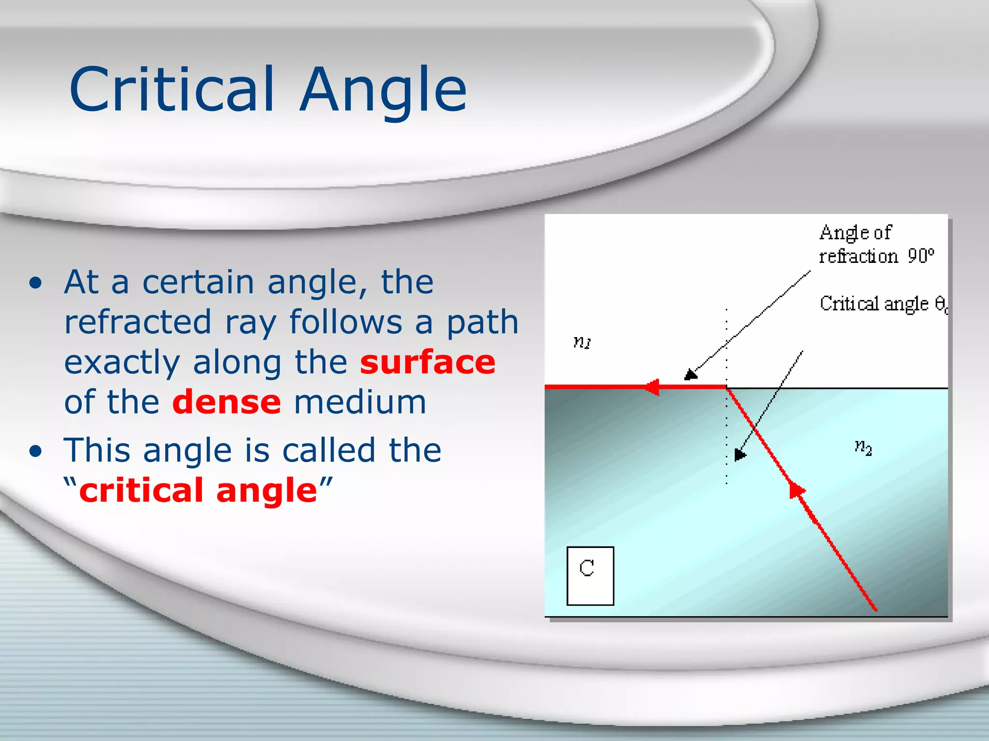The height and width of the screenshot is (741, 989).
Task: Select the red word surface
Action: (x=427, y=362)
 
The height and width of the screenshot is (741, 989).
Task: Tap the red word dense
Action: (x=226, y=402)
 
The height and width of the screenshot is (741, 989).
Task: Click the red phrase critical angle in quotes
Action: (x=198, y=490)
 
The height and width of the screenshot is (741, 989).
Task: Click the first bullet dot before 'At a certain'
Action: (x=35, y=284)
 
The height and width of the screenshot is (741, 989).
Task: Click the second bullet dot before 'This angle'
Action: (x=35, y=452)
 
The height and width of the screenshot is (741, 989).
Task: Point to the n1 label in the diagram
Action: (x=582, y=342)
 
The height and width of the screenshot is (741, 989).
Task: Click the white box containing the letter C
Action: (x=590, y=576)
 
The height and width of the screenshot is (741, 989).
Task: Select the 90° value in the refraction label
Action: (x=920, y=256)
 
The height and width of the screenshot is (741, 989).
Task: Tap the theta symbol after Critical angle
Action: (x=940, y=304)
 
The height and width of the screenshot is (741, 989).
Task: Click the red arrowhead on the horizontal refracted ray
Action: (x=652, y=387)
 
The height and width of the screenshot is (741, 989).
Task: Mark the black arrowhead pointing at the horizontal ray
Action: (x=691, y=374)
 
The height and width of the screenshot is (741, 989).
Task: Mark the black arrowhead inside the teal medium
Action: (x=739, y=455)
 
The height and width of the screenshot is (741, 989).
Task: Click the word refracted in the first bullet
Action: (x=138, y=322)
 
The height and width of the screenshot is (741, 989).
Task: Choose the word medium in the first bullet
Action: (x=360, y=402)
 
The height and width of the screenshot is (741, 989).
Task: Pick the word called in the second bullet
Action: (x=328, y=450)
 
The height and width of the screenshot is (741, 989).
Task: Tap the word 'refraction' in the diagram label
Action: (x=858, y=256)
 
